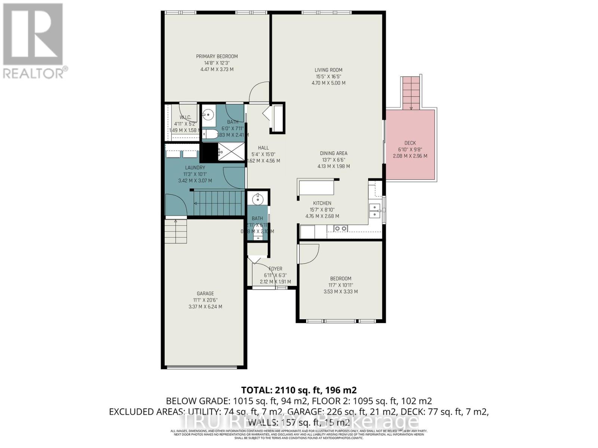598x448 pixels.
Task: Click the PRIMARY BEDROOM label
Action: pyautogui.click(x=217, y=56)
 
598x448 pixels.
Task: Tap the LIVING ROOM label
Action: pyautogui.click(x=328, y=70)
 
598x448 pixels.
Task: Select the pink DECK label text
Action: pyautogui.click(x=410, y=143)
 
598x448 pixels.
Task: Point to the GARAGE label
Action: pyautogui.click(x=205, y=293)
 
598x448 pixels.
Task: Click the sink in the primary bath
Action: pyautogui.click(x=209, y=114)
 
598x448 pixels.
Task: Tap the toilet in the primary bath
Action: pyautogui.click(x=209, y=134)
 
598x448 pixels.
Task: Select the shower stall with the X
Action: pyautogui.click(x=232, y=152)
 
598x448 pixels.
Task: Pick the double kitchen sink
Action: pyautogui.click(x=374, y=211)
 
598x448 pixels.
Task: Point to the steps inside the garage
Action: pyautogui.click(x=176, y=231)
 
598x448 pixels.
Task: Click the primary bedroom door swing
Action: pyautogui.click(x=258, y=93)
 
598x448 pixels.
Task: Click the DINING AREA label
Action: pyautogui.click(x=333, y=153)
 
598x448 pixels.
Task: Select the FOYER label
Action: pyautogui.click(x=275, y=268)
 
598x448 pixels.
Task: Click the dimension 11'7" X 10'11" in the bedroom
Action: pyautogui.click(x=340, y=285)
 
